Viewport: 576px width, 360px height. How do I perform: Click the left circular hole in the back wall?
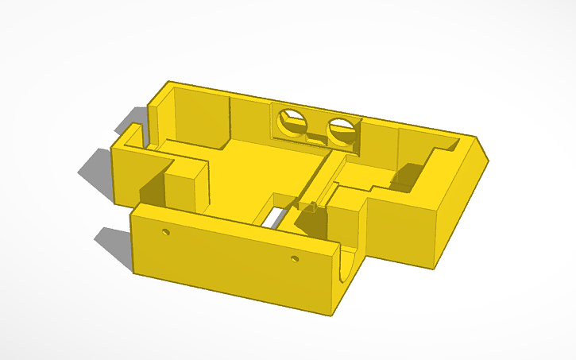(292, 123)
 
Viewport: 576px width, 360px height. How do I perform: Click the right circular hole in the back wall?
(341, 130)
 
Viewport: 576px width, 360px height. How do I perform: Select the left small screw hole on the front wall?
(165, 233)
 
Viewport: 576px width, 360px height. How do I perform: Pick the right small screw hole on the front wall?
(294, 259)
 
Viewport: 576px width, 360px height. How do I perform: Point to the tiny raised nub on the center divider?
(313, 207)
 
